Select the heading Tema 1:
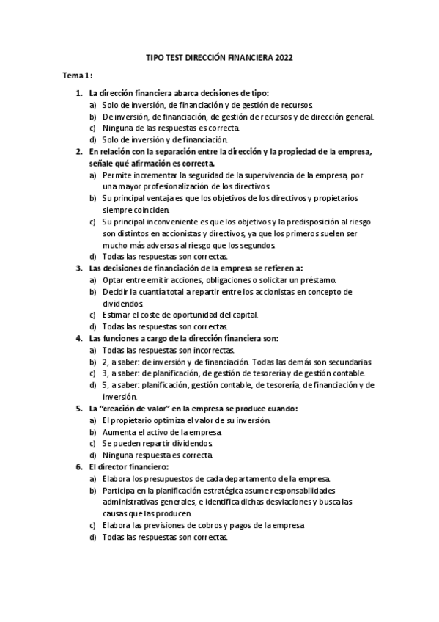click(x=77, y=76)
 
